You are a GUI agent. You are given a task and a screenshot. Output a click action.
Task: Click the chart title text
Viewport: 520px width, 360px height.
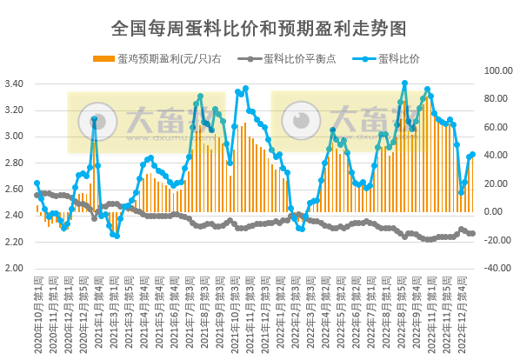[259, 28]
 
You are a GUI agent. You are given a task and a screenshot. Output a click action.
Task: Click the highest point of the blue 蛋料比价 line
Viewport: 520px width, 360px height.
[404, 83]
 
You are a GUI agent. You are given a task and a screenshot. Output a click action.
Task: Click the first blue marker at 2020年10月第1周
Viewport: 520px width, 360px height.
[37, 183]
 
